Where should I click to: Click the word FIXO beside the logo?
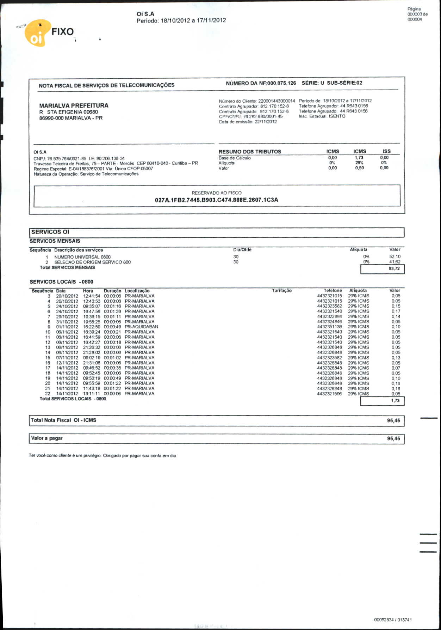tap(62, 32)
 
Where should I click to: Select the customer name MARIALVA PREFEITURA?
tap(74, 105)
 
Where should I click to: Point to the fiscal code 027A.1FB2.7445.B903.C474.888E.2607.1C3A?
tap(216, 200)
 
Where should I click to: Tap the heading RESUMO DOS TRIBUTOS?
tap(249, 152)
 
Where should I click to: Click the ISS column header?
tap(386, 151)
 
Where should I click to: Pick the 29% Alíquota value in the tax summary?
tap(359, 163)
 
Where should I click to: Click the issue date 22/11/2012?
tap(266, 122)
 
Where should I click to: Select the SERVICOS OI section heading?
tap(50, 232)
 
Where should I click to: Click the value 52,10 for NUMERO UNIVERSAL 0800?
tap(395, 257)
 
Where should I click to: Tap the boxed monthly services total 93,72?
tap(394, 269)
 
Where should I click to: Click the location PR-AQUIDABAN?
tap(141, 327)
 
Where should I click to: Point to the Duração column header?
tap(112, 291)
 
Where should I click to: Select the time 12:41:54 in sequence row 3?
tap(92, 296)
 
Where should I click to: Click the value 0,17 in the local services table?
tap(396, 311)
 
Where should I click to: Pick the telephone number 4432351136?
tap(329, 327)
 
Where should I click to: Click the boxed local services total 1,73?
tap(395, 401)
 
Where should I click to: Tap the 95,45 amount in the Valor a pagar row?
tap(393, 439)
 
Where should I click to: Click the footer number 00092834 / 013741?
tap(393, 620)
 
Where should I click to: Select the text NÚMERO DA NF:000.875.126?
tap(261, 83)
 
